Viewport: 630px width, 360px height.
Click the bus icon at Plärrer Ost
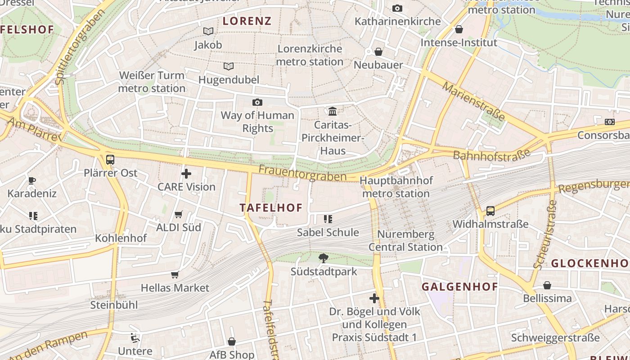tap(110, 159)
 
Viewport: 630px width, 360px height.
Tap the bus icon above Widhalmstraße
tap(490, 211)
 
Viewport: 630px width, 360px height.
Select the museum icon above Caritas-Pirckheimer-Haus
tap(333, 111)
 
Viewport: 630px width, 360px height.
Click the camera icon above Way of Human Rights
tap(257, 102)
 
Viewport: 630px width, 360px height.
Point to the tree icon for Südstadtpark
tap(323, 258)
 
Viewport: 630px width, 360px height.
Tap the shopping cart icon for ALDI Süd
tap(179, 214)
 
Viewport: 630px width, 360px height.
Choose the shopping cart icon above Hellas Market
tap(175, 274)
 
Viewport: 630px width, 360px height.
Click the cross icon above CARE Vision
tap(186, 173)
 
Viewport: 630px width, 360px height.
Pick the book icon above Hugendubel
tap(229, 66)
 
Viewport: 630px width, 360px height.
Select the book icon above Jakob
tap(208, 31)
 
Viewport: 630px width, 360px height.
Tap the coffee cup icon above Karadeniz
tap(32, 180)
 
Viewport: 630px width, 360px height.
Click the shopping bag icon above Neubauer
tap(378, 52)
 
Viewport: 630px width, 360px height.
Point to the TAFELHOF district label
tap(271, 207)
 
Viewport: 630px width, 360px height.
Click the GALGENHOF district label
tap(459, 287)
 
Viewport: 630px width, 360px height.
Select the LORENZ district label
tap(247, 21)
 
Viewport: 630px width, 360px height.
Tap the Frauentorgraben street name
tap(302, 173)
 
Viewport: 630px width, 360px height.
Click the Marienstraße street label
tap(473, 101)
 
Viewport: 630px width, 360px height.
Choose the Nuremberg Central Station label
tap(406, 241)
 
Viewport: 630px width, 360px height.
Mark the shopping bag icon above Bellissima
tap(547, 285)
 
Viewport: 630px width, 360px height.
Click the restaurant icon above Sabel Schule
tap(328, 219)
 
